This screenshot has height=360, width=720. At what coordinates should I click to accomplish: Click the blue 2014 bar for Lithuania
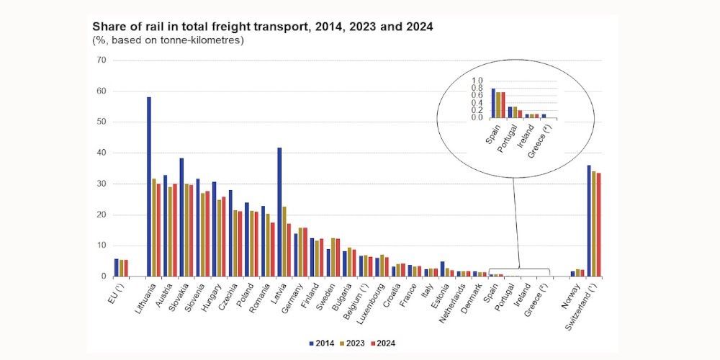[149, 186]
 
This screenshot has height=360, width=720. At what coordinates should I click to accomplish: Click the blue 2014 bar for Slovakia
[181, 217]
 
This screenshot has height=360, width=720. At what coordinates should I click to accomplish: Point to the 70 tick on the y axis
[102, 60]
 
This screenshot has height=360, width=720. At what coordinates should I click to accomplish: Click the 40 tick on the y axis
[102, 153]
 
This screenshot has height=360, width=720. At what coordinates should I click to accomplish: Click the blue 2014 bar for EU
[117, 268]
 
